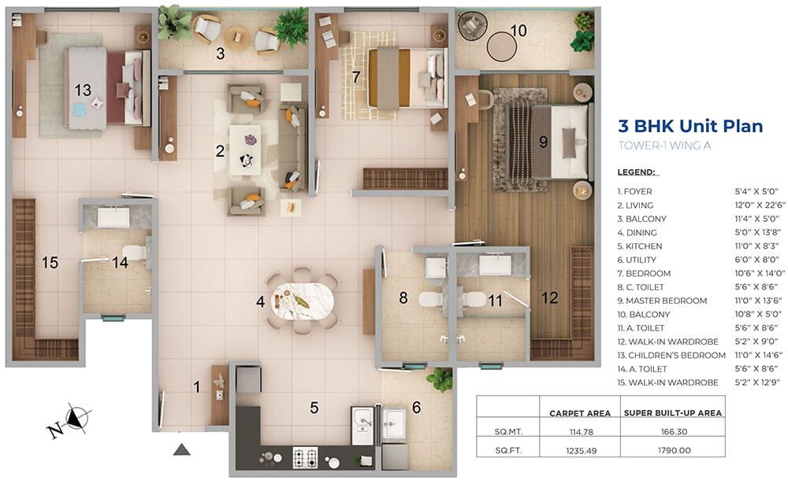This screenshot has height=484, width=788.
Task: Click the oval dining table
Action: (x=303, y=301)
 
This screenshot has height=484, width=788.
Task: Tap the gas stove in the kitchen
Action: (x=305, y=457)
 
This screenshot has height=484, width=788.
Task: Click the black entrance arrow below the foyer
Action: (x=182, y=449)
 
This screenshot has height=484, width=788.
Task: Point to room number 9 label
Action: (x=543, y=142)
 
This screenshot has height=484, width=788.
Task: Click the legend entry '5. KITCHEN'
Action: (x=640, y=246)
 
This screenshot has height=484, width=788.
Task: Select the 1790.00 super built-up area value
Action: (x=674, y=450)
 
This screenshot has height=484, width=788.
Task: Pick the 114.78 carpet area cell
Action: (x=581, y=432)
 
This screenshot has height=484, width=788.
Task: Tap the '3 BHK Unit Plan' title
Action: (x=690, y=125)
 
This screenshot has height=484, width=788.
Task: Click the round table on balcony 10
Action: (x=501, y=46)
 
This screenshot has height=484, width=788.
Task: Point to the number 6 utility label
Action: (x=417, y=407)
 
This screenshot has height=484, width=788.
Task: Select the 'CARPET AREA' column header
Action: (x=580, y=413)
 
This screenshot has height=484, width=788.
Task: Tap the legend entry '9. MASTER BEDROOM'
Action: (x=663, y=301)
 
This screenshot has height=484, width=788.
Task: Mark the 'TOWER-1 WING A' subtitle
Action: (x=664, y=146)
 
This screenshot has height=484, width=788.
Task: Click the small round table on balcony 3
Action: (x=236, y=37)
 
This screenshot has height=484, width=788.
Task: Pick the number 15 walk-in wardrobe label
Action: (x=50, y=263)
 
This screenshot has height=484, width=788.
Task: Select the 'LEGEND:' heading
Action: (x=637, y=172)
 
